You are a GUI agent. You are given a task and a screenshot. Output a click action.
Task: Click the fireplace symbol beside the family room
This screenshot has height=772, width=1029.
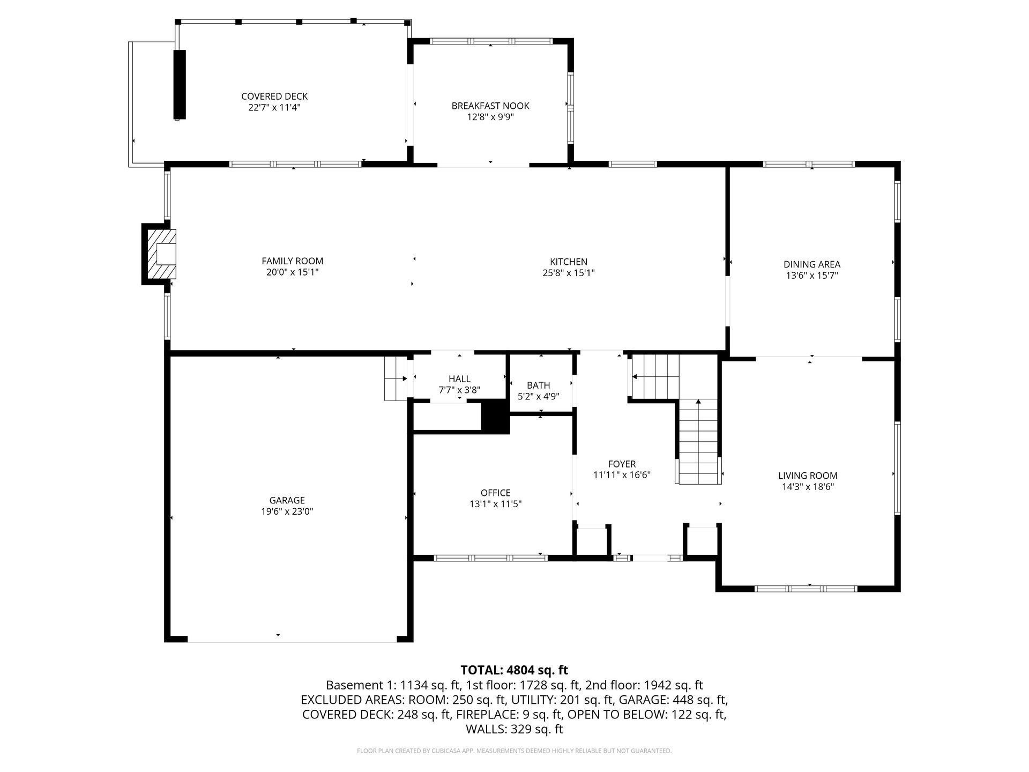pyautogui.click(x=159, y=254)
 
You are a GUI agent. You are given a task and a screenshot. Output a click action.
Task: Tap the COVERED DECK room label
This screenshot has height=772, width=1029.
pyautogui.click(x=274, y=96)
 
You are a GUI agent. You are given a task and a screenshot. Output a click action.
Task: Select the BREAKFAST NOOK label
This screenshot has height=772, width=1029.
pyautogui.click(x=490, y=106)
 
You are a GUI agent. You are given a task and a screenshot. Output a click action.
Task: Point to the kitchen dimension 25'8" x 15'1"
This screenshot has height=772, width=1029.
pyautogui.click(x=569, y=273)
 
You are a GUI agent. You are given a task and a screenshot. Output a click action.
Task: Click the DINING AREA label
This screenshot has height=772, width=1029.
pyautogui.click(x=812, y=264)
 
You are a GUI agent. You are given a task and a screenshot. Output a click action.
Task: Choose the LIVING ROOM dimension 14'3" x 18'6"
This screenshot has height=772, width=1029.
pyautogui.click(x=808, y=487)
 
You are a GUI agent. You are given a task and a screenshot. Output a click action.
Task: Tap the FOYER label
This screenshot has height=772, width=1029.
pyautogui.click(x=622, y=464)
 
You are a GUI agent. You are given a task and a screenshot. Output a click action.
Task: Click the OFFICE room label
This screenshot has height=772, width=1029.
pyautogui.click(x=496, y=493)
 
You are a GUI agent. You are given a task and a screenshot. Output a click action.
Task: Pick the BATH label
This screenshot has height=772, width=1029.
pyautogui.click(x=538, y=385)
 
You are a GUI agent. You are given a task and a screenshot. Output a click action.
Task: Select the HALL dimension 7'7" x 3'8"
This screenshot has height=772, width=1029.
pyautogui.click(x=459, y=390)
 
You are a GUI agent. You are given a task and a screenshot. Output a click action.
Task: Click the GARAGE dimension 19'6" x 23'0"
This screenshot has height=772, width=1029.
pyautogui.click(x=287, y=512)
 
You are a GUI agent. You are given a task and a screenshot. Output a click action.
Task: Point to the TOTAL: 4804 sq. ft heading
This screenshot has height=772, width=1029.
pyautogui.click(x=514, y=670)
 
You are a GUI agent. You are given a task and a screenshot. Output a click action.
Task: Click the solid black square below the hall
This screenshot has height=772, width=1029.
pyautogui.click(x=495, y=417)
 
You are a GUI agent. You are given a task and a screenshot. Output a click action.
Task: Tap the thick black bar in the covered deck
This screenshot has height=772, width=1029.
pyautogui.click(x=180, y=84)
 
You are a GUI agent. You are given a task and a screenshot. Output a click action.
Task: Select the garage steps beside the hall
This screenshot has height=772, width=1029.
pyautogui.click(x=396, y=378)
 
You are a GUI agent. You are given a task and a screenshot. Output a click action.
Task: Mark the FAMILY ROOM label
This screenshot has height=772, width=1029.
pyautogui.click(x=293, y=261)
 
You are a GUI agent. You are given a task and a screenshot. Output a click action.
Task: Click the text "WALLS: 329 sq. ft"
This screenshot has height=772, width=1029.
pyautogui.click(x=514, y=729)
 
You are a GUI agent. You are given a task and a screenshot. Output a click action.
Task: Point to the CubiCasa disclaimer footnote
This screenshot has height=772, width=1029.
pyautogui.click(x=514, y=751)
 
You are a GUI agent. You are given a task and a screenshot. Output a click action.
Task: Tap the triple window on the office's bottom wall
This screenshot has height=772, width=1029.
pyautogui.click(x=490, y=558)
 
